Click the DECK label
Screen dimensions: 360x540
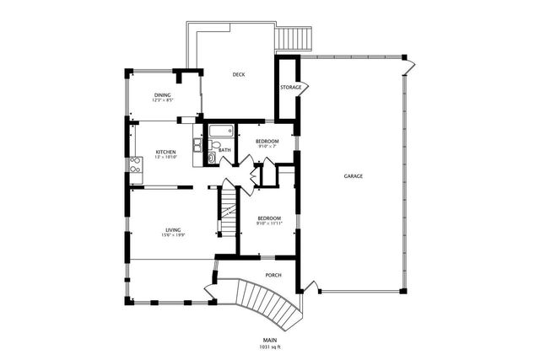[239, 75]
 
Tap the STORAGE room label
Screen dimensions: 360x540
[290, 87]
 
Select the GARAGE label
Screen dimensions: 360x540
[354, 177]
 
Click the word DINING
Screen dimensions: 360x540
[163, 95]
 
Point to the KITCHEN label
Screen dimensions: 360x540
[165, 153]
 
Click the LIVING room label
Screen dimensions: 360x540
[173, 229]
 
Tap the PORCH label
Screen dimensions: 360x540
[273, 275]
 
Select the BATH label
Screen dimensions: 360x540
[224, 150]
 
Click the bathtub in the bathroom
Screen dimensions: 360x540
[222, 132]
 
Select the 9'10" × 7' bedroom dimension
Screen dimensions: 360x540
[267, 146]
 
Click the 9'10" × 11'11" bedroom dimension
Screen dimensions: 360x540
[269, 224]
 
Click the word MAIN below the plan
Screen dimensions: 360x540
[270, 340]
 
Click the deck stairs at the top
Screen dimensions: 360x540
[294, 38]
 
